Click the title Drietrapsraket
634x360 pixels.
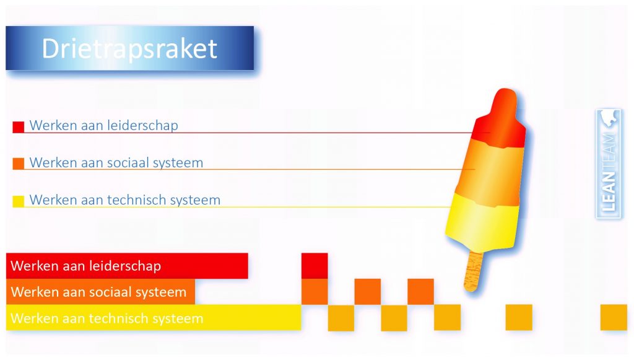[x=129, y=49]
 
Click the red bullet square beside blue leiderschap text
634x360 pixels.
[x=18, y=127]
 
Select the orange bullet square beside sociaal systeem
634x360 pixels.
[x=18, y=164]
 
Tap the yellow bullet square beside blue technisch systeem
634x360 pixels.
[x=18, y=201]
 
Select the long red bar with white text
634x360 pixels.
[x=127, y=266]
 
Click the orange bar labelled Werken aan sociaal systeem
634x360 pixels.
[x=100, y=292]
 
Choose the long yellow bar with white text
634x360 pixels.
[x=154, y=317]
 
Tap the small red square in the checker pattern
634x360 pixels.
[x=315, y=266]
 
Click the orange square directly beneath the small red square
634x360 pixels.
[x=315, y=292]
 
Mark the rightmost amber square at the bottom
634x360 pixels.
[x=614, y=317]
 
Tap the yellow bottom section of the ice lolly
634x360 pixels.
[x=482, y=222]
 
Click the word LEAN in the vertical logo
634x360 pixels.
[x=609, y=191]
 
